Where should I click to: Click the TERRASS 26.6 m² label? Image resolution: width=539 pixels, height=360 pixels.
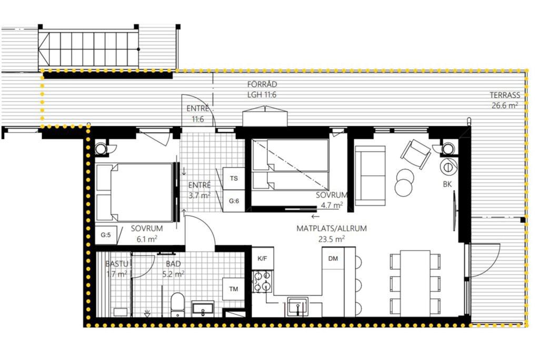pyautogui.click(x=505, y=100)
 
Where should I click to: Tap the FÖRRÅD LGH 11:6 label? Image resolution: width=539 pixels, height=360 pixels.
pyautogui.click(x=262, y=89)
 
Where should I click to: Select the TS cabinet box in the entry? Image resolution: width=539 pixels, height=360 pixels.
pyautogui.click(x=234, y=178)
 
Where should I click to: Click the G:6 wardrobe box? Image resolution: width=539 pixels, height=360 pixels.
pyautogui.click(x=234, y=201)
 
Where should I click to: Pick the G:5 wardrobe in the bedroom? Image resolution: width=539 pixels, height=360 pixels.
pyautogui.click(x=106, y=235)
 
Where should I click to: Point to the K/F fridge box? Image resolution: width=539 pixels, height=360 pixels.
pyautogui.click(x=263, y=258)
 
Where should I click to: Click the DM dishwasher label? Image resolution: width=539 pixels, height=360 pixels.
pyautogui.click(x=333, y=258)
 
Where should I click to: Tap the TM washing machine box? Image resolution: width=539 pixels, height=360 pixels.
pyautogui.click(x=233, y=289)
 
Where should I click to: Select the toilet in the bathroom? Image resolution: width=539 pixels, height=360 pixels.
pyautogui.click(x=177, y=304)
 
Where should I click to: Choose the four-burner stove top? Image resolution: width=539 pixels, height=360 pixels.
pyautogui.click(x=263, y=281)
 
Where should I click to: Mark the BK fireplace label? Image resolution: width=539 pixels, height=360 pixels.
pyautogui.click(x=447, y=184)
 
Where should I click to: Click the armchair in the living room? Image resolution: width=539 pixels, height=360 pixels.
pyautogui.click(x=416, y=154)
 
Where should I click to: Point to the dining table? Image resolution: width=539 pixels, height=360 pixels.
pyautogui.click(x=415, y=283)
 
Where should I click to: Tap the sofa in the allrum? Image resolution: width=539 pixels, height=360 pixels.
pyautogui.click(x=370, y=176)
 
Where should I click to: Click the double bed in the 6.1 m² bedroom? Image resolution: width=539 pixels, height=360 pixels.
pyautogui.click(x=134, y=193)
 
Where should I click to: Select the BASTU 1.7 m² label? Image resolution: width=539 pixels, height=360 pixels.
pyautogui.click(x=117, y=269)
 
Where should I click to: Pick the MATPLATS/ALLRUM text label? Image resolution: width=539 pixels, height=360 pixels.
pyautogui.click(x=332, y=228)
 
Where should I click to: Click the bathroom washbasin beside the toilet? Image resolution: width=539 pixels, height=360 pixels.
pyautogui.click(x=203, y=308)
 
